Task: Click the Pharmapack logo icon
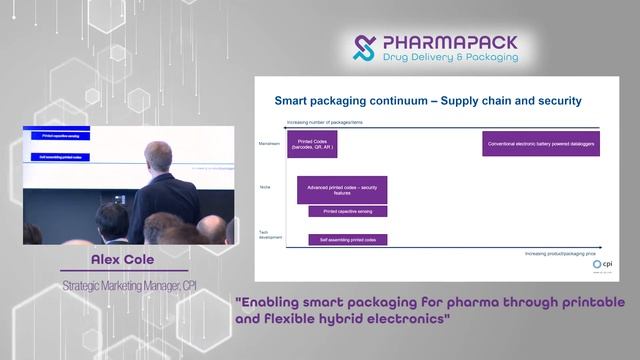tap(367, 48)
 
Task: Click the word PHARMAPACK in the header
tap(449, 43)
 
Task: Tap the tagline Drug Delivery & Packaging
tap(450, 58)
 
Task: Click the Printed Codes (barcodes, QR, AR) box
tap(311, 144)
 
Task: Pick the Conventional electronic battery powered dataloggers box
tap(541, 144)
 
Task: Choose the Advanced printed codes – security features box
tap(342, 190)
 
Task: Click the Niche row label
tap(265, 186)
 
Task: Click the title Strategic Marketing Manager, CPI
tap(128, 287)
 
